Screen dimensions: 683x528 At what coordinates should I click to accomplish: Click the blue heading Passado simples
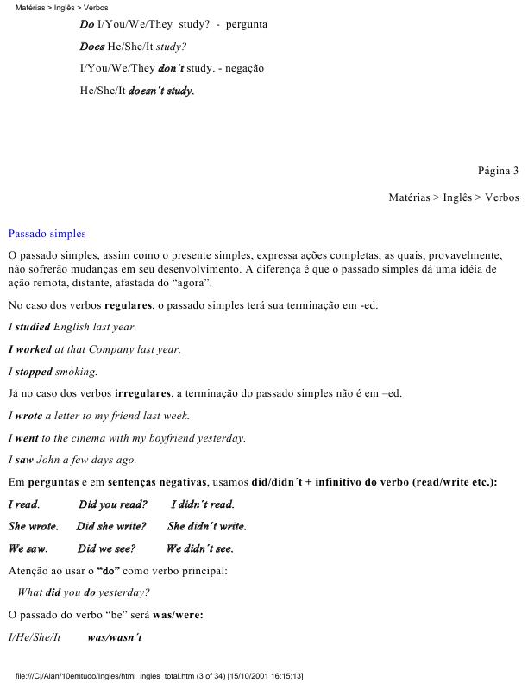point(47,234)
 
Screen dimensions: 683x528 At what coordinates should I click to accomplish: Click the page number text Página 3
point(498,171)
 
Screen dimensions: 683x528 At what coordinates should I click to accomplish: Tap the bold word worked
point(30,350)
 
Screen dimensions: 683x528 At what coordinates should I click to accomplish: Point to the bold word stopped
point(34,373)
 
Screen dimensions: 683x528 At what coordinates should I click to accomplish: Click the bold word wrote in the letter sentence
point(28,416)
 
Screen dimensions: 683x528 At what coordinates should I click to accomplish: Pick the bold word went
point(27,438)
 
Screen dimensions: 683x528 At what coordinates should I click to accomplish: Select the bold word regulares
point(127,305)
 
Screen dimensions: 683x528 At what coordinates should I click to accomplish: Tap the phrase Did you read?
point(112,504)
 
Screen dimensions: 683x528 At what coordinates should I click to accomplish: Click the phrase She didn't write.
point(206,526)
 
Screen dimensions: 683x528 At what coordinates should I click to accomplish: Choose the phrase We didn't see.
point(199,548)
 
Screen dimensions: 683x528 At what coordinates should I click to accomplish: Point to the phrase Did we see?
point(106,548)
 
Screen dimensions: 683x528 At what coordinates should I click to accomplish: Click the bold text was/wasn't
point(115,637)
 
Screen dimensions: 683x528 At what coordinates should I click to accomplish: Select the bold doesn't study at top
point(160,91)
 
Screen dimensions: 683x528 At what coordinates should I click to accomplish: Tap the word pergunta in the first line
point(247,24)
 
